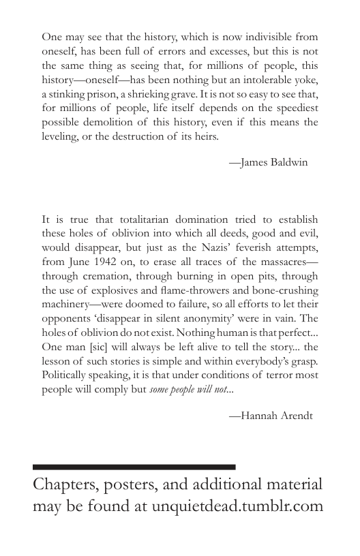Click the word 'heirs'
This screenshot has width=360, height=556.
point(206,137)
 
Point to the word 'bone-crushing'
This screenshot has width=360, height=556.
point(285,290)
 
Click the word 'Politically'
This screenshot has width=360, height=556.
point(66,375)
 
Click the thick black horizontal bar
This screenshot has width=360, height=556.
point(134,467)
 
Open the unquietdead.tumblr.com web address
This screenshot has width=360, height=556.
point(237,506)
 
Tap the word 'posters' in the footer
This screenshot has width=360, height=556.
point(138,485)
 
